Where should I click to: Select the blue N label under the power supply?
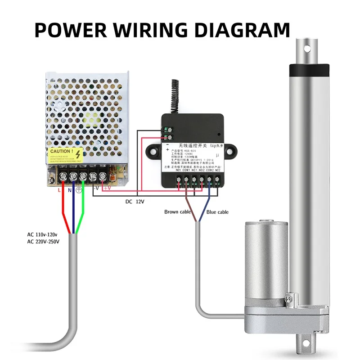pos(70,190)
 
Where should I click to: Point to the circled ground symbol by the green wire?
pos(79,190)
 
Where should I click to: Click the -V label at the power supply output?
pos(95,188)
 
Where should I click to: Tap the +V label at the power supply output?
pos(107,188)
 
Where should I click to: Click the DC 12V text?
pos(135,202)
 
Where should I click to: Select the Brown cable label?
pos(178,212)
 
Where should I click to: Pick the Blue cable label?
pos(217,212)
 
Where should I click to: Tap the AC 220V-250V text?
pos(44,242)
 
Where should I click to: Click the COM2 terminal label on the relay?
pos(209,171)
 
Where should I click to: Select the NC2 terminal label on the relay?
pos(218,171)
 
